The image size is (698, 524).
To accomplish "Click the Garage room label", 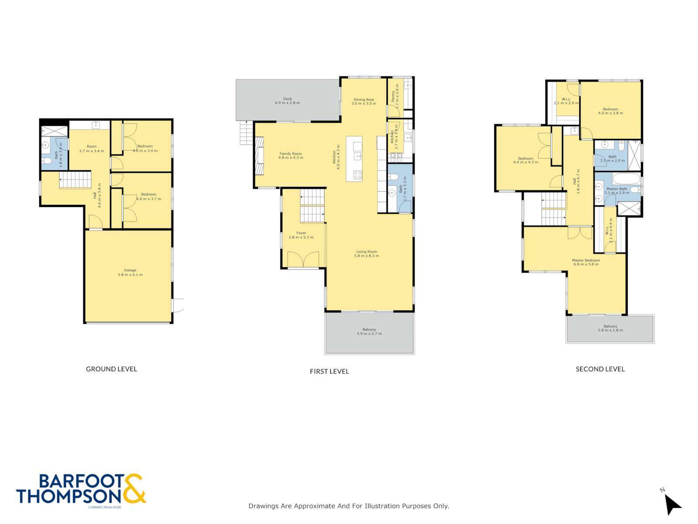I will (x=130, y=270).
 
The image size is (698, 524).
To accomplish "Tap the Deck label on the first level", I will (x=287, y=99).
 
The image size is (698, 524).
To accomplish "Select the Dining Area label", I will (x=363, y=100).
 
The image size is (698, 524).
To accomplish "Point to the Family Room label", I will (x=291, y=154).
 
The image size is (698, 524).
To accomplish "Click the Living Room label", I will (x=366, y=252).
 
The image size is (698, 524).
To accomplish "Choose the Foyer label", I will (x=301, y=233).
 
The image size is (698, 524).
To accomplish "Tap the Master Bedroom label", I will (x=586, y=261).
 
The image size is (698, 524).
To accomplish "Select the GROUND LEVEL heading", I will (x=111, y=369).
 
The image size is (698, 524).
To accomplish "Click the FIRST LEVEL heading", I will (x=329, y=372).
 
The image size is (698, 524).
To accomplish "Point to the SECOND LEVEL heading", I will (x=600, y=369).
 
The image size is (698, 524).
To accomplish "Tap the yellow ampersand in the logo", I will (x=134, y=489).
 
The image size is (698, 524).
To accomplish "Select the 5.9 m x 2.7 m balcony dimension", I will (x=369, y=334).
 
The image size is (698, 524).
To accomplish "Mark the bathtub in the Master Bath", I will (x=626, y=179).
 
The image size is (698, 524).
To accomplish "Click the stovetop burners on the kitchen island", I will (x=357, y=175).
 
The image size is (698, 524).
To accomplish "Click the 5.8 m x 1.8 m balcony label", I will (x=610, y=330).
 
